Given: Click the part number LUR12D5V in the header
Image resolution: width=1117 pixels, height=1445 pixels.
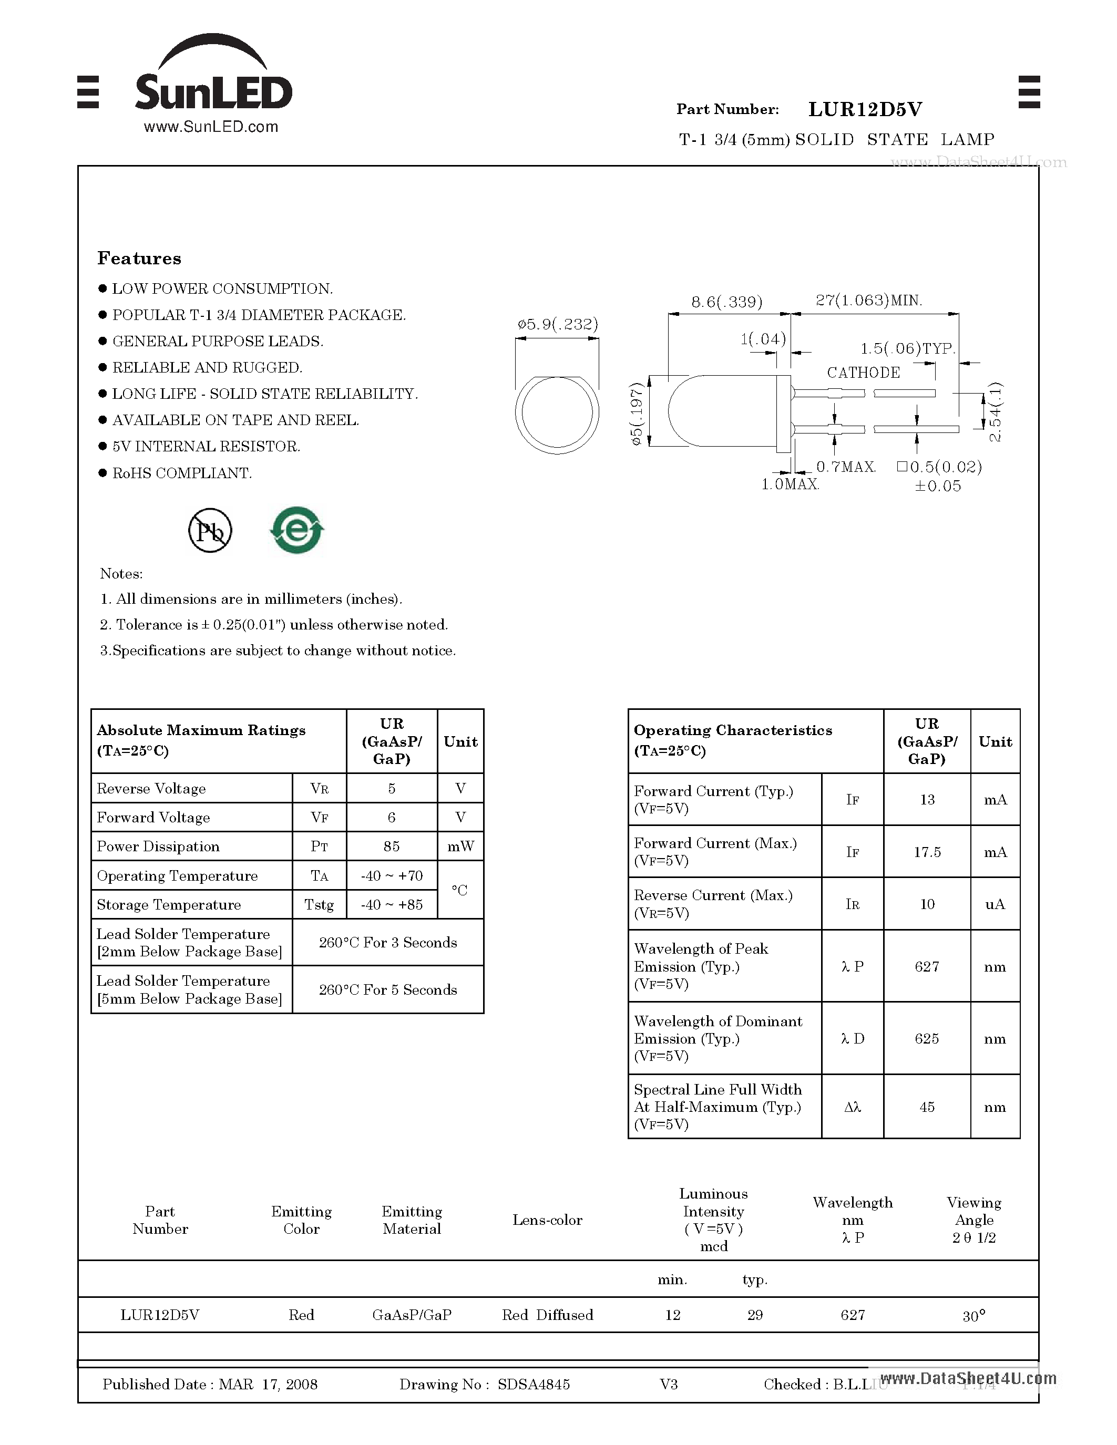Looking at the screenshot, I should [x=865, y=109].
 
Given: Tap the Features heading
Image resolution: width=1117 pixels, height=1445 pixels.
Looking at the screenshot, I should [x=139, y=258].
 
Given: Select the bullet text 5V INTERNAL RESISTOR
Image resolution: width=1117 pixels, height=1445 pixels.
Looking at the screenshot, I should [x=206, y=447].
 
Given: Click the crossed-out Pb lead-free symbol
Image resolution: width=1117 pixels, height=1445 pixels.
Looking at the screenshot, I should [x=210, y=531].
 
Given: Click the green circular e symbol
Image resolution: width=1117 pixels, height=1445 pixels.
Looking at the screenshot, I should [x=297, y=530].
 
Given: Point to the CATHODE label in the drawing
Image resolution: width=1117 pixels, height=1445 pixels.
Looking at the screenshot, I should [x=863, y=373].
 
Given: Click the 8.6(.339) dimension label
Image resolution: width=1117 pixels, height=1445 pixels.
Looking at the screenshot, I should [x=726, y=302].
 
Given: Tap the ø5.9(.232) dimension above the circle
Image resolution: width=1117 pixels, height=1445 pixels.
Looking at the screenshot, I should [x=557, y=324].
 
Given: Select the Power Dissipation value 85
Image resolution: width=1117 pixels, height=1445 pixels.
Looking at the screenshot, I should [x=391, y=846].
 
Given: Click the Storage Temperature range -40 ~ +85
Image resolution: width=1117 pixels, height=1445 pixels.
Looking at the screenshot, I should [x=391, y=904].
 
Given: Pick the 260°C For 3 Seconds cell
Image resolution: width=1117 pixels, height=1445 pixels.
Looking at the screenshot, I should [x=388, y=942].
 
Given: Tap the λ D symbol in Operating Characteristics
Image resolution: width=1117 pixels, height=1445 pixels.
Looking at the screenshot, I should [x=852, y=1038].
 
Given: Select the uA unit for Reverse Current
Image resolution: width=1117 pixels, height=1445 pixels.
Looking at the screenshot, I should [x=995, y=904].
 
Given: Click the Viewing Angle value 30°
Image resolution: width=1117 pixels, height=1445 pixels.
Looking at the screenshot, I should [x=973, y=1316].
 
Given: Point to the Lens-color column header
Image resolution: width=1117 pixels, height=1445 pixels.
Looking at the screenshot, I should [x=547, y=1220].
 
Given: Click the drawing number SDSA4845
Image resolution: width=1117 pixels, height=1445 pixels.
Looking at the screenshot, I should [x=534, y=1384].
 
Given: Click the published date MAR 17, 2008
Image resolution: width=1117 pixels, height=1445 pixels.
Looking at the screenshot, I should [x=268, y=1384].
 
